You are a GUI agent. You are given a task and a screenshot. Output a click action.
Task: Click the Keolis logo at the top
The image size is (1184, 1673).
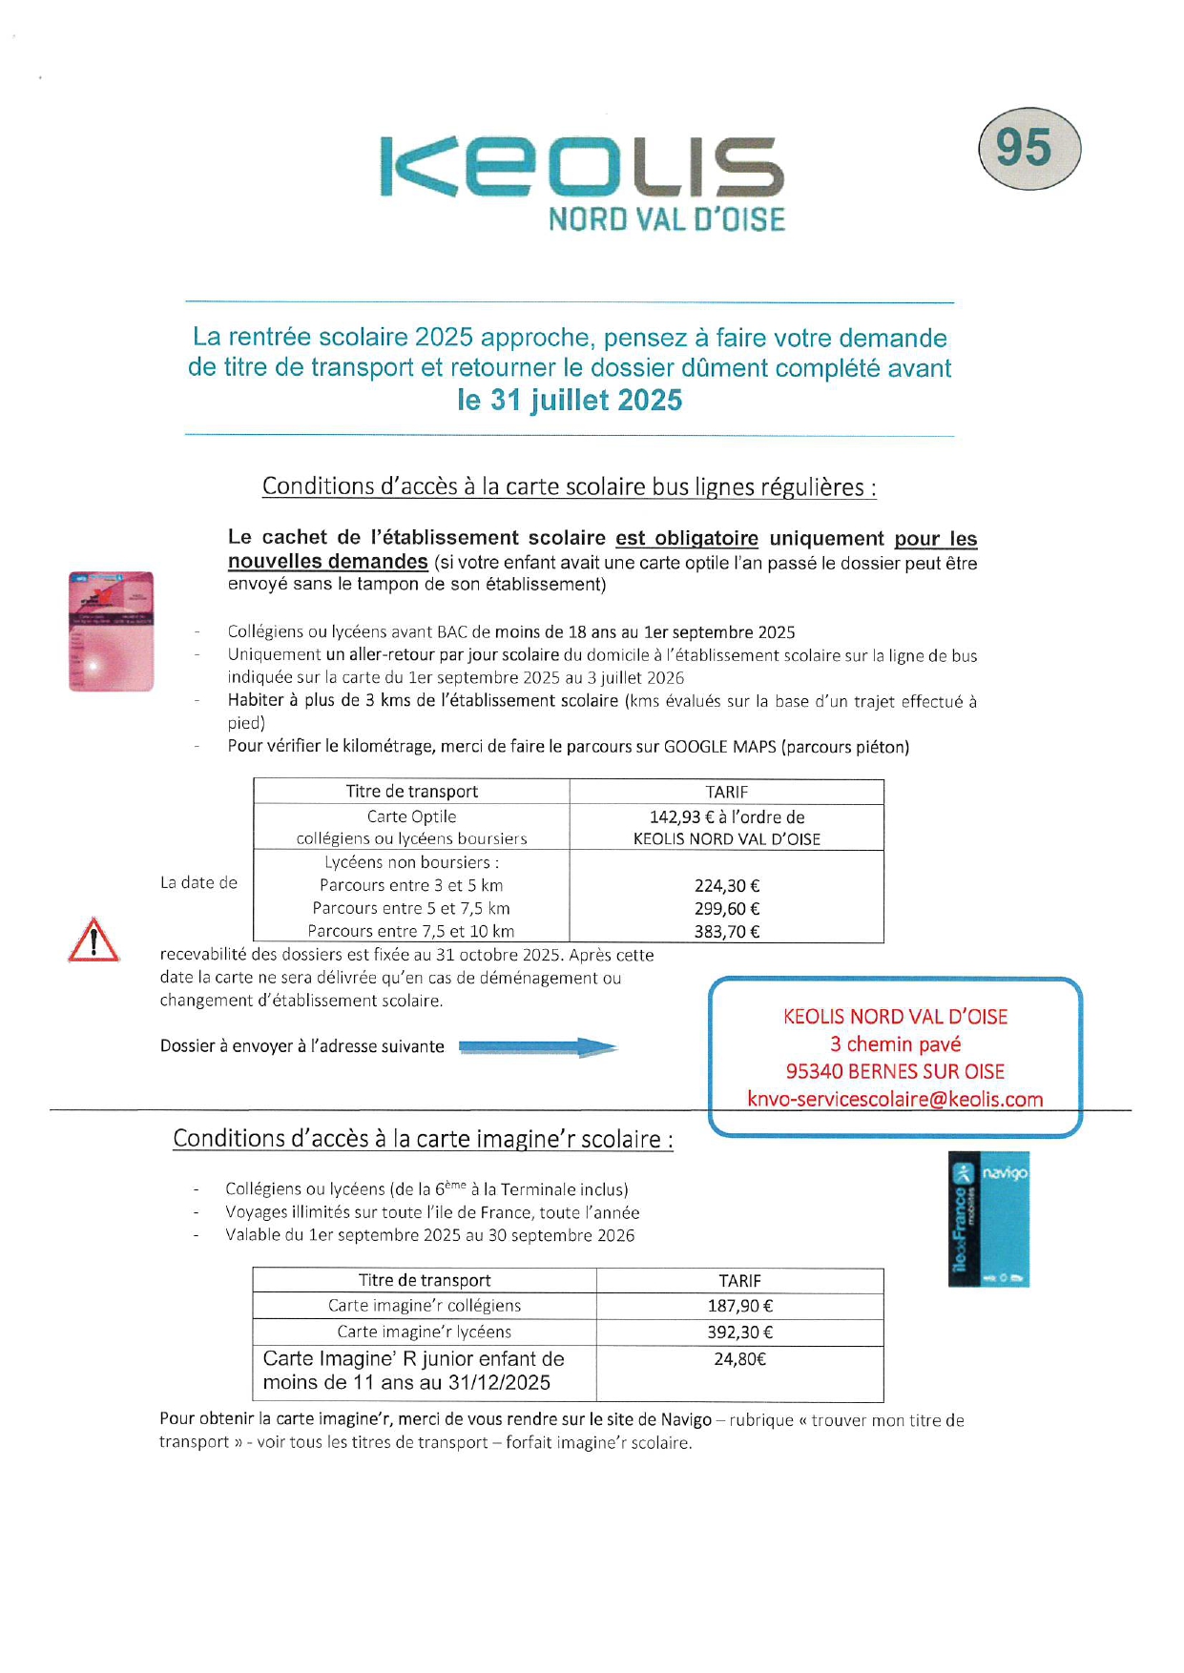[x=582, y=181]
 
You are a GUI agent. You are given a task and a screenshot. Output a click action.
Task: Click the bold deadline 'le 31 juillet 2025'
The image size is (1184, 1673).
[x=570, y=400]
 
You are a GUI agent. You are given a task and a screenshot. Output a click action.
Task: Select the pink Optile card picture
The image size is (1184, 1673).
[x=111, y=630]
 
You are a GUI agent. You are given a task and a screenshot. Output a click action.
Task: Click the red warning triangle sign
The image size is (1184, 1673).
[x=93, y=940]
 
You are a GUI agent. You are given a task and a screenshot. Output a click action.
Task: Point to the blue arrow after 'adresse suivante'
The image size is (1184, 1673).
[x=538, y=1047]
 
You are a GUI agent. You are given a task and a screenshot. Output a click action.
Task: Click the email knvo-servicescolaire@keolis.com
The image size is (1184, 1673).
[x=895, y=1099]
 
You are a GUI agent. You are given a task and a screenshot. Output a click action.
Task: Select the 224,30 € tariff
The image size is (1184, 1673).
[x=727, y=886]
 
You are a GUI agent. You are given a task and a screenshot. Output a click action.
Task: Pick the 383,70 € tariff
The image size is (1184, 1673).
[x=727, y=932]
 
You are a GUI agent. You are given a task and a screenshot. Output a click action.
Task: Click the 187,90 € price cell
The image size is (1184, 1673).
[x=740, y=1306]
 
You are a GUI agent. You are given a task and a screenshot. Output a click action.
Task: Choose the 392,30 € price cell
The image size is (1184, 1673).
[x=740, y=1332]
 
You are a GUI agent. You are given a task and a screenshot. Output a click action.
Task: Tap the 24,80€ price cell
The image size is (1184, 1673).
[x=740, y=1359]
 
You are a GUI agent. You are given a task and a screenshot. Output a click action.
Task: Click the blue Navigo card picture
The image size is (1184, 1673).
[x=988, y=1219]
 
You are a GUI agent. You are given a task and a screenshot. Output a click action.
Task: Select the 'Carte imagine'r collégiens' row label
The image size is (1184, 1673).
[x=425, y=1306]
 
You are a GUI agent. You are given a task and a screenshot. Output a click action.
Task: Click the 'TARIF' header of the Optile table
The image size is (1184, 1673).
[x=727, y=792]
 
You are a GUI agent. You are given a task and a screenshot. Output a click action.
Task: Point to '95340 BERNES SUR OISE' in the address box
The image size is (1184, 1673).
[x=895, y=1071]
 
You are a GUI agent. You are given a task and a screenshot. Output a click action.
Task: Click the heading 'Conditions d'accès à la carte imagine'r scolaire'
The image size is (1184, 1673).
[x=423, y=1139]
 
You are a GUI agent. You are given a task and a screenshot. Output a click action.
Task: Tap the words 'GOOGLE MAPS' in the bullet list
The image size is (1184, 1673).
[x=720, y=747]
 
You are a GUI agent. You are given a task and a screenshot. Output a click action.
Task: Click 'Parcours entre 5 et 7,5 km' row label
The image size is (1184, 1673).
[x=411, y=909]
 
